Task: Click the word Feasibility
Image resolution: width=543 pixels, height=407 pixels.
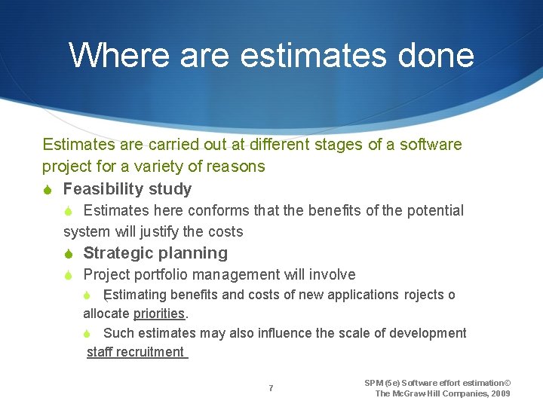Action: pyautogui.click(x=110, y=188)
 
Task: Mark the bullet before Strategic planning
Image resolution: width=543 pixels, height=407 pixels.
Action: pyautogui.click(x=69, y=253)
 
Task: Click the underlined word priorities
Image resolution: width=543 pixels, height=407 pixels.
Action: pyautogui.click(x=158, y=314)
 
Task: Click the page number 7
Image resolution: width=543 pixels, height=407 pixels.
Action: pyautogui.click(x=271, y=388)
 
